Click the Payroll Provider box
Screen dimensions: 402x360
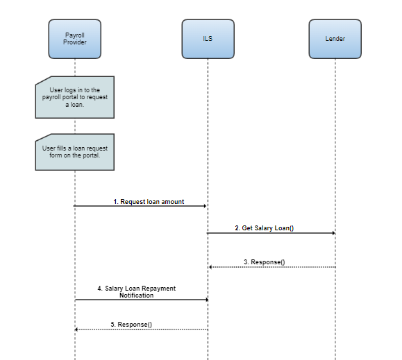75,39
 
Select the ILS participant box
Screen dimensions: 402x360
208,39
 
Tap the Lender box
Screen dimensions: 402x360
335,39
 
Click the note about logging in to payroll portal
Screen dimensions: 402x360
75,97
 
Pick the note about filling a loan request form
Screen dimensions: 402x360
75,152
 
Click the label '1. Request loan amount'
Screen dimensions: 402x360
149,202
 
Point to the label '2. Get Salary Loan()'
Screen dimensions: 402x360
265,228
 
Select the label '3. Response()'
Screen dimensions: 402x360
265,262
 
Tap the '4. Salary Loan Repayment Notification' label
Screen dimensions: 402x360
136,292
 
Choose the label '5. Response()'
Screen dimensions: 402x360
131,325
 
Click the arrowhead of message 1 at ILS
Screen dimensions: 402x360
205,206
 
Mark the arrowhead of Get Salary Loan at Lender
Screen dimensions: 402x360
333,233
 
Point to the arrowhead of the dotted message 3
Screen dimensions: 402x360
210,267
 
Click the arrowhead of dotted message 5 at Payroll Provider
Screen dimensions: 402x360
76,329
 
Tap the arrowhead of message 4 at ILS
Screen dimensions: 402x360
207,300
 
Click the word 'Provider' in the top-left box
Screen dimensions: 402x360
75,42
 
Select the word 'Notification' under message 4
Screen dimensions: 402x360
136,295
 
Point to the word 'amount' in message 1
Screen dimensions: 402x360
173,202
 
